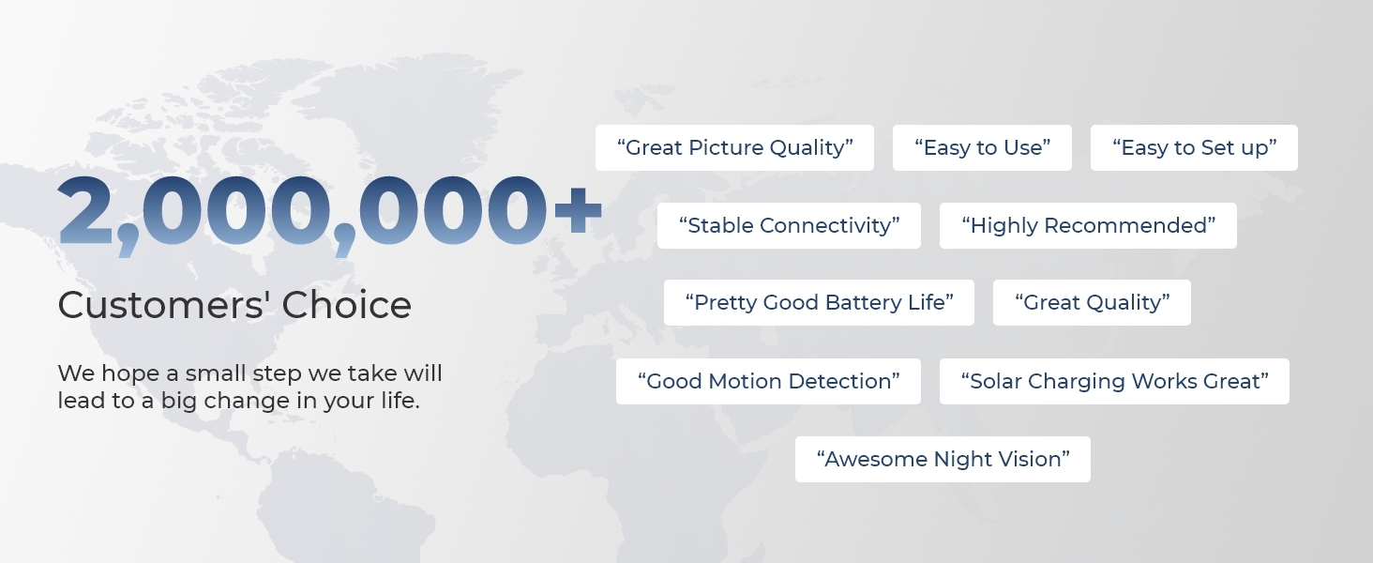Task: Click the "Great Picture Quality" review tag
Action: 734,148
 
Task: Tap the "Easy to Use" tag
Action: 982,148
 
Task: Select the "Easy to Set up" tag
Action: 1194,148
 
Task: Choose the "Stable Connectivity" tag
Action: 789,226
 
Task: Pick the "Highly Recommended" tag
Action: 1088,226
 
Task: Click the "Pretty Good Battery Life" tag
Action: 819,302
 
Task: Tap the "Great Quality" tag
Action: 1092,302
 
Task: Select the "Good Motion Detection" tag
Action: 768,382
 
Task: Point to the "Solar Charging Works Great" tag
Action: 1114,382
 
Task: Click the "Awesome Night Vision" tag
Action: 943,460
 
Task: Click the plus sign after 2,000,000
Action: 578,210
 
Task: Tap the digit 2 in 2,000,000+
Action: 86,210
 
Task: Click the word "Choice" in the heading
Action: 346,305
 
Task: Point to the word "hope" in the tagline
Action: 130,374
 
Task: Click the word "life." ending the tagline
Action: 400,400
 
